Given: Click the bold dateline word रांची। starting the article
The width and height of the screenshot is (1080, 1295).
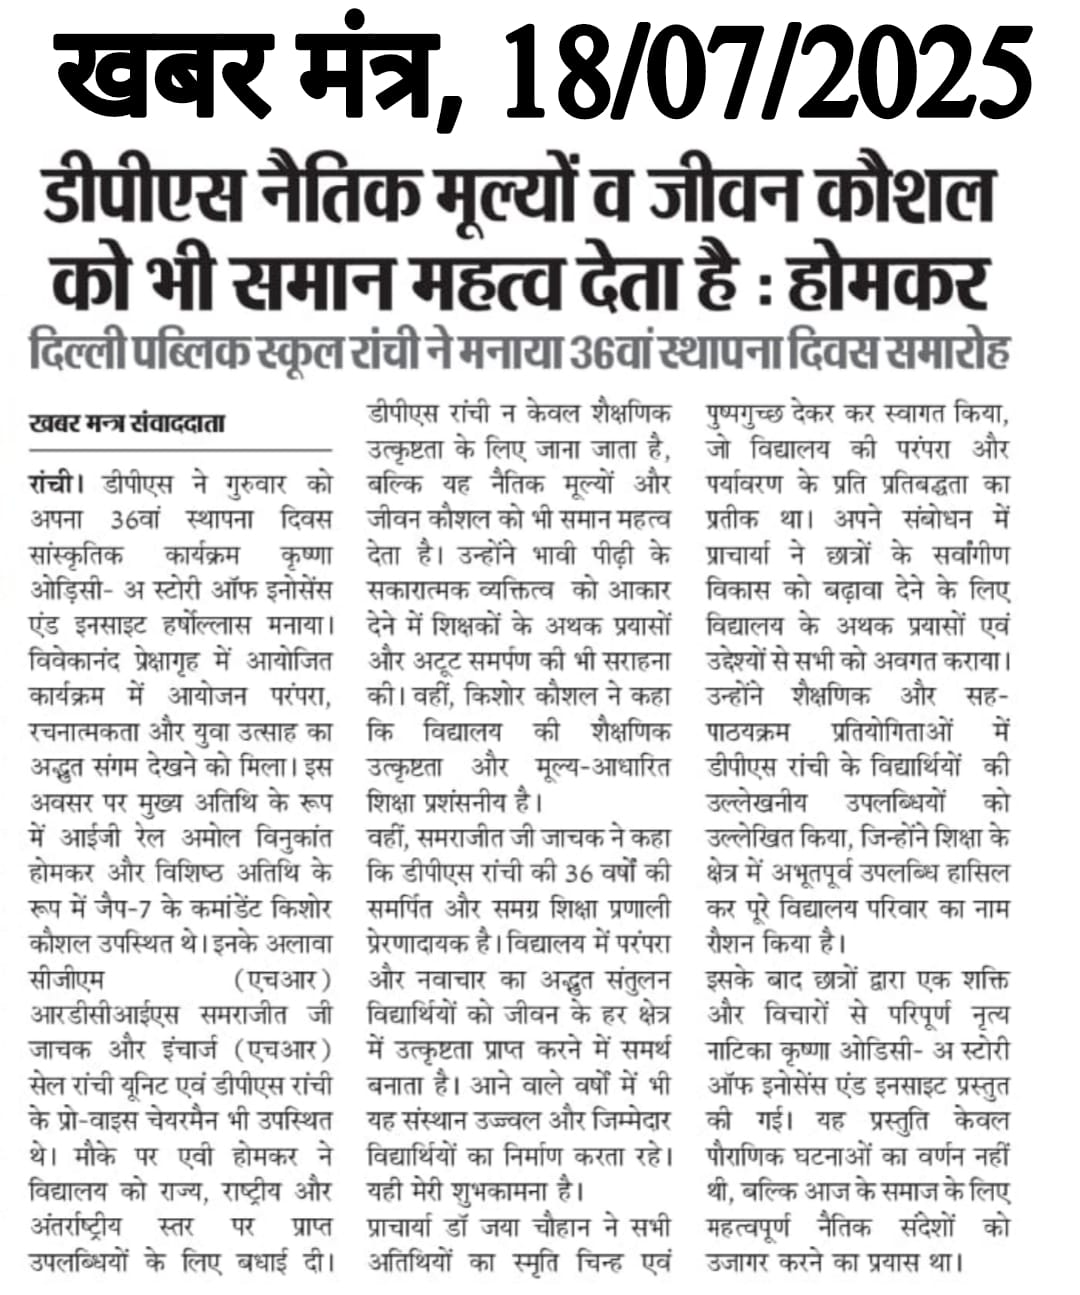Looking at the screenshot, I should click(x=58, y=485).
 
